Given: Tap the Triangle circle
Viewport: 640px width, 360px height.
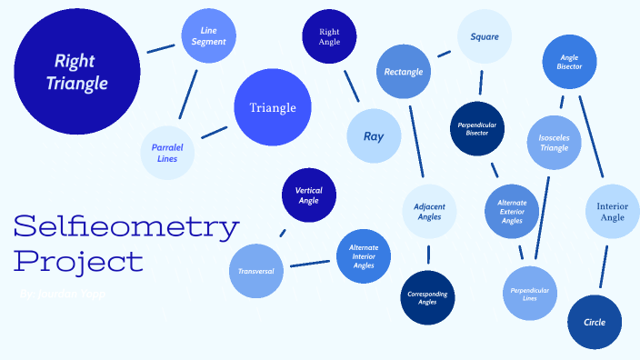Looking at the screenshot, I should tap(273, 108).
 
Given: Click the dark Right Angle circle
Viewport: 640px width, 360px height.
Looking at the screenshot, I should tap(329, 36).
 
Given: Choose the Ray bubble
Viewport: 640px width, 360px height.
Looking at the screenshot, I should tap(374, 136).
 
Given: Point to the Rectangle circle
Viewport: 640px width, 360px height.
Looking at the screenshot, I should tap(405, 71).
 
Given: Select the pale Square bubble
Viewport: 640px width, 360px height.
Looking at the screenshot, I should tap(485, 36).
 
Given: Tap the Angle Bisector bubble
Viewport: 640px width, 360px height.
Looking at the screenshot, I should tap(569, 62).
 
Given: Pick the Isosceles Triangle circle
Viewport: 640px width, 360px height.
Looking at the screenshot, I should tap(554, 143).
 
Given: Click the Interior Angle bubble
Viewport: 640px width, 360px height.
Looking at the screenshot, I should tap(612, 212).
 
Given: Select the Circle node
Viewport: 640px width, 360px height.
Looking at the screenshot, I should tap(595, 322).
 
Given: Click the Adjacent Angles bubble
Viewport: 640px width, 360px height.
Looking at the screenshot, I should tap(429, 212).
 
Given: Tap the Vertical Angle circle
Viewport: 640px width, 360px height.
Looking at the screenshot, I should tap(309, 195).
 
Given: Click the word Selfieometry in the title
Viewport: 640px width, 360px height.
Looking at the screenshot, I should tap(126, 225).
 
